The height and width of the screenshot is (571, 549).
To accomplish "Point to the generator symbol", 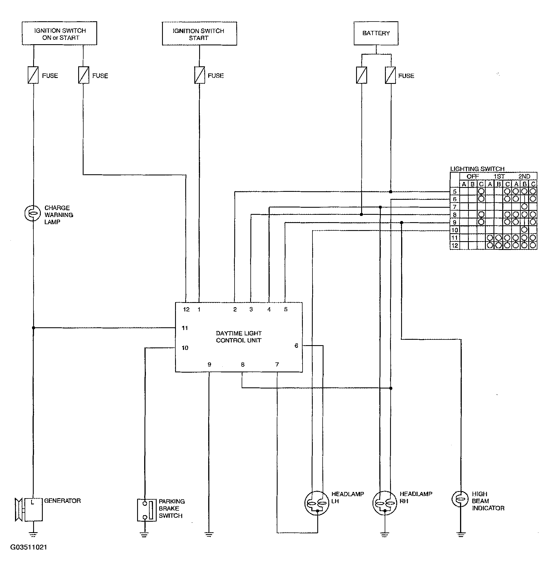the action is point(29,510).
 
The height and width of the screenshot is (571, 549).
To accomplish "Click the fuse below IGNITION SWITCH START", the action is point(199,75).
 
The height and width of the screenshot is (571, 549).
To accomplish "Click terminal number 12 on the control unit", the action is point(186,309).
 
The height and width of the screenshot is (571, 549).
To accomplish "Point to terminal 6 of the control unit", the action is point(296,346).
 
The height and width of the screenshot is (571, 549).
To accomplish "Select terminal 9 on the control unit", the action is point(209,364).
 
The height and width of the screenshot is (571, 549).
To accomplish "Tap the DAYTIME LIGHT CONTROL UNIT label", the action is point(239,337).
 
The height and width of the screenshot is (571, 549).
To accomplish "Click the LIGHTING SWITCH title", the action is point(477,169).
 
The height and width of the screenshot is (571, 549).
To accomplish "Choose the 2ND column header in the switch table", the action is point(524,177).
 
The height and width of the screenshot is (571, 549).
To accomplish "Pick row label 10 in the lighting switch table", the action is point(455,230).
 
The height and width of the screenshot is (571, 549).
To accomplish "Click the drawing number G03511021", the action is point(29,547).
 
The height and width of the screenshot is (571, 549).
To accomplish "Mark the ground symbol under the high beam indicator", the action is point(460,534).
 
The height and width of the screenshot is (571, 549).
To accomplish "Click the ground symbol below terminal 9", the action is point(209,534).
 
